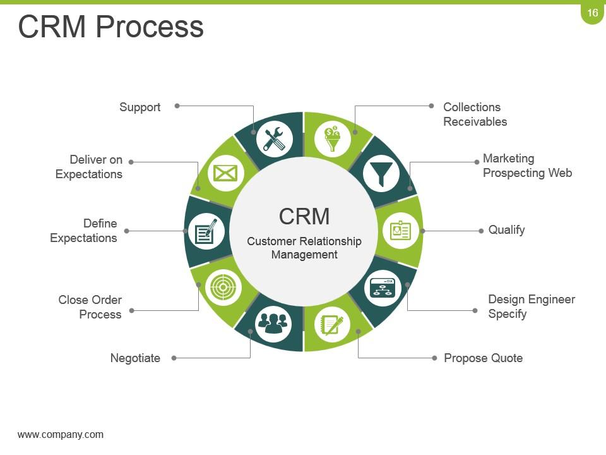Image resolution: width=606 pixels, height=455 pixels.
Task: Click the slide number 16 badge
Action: click(592, 13)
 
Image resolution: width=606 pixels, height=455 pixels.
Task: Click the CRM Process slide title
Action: click(111, 27)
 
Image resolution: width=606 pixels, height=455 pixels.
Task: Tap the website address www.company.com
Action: click(61, 434)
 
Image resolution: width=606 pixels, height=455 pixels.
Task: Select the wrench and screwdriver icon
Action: click(274, 139)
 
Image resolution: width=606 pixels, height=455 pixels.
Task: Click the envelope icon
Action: click(225, 173)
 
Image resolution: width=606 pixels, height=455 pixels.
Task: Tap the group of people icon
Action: click(273, 324)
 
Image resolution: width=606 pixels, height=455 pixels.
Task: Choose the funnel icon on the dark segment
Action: click(381, 173)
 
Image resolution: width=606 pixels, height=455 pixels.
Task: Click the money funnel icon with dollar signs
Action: click(333, 139)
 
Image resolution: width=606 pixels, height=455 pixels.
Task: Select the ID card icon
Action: click(400, 231)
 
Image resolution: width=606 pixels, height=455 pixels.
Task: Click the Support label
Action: click(140, 107)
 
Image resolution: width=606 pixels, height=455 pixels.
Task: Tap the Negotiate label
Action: click(135, 358)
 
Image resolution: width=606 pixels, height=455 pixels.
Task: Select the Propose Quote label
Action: click(483, 358)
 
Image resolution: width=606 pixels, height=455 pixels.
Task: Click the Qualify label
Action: click(506, 230)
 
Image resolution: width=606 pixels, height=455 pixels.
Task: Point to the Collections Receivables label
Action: click(475, 114)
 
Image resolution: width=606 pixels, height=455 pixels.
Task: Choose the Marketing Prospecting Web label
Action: click(527, 166)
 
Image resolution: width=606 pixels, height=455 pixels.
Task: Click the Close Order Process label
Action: click(90, 307)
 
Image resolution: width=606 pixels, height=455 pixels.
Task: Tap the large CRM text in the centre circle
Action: click(304, 216)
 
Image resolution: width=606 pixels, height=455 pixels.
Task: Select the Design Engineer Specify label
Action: click(532, 306)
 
